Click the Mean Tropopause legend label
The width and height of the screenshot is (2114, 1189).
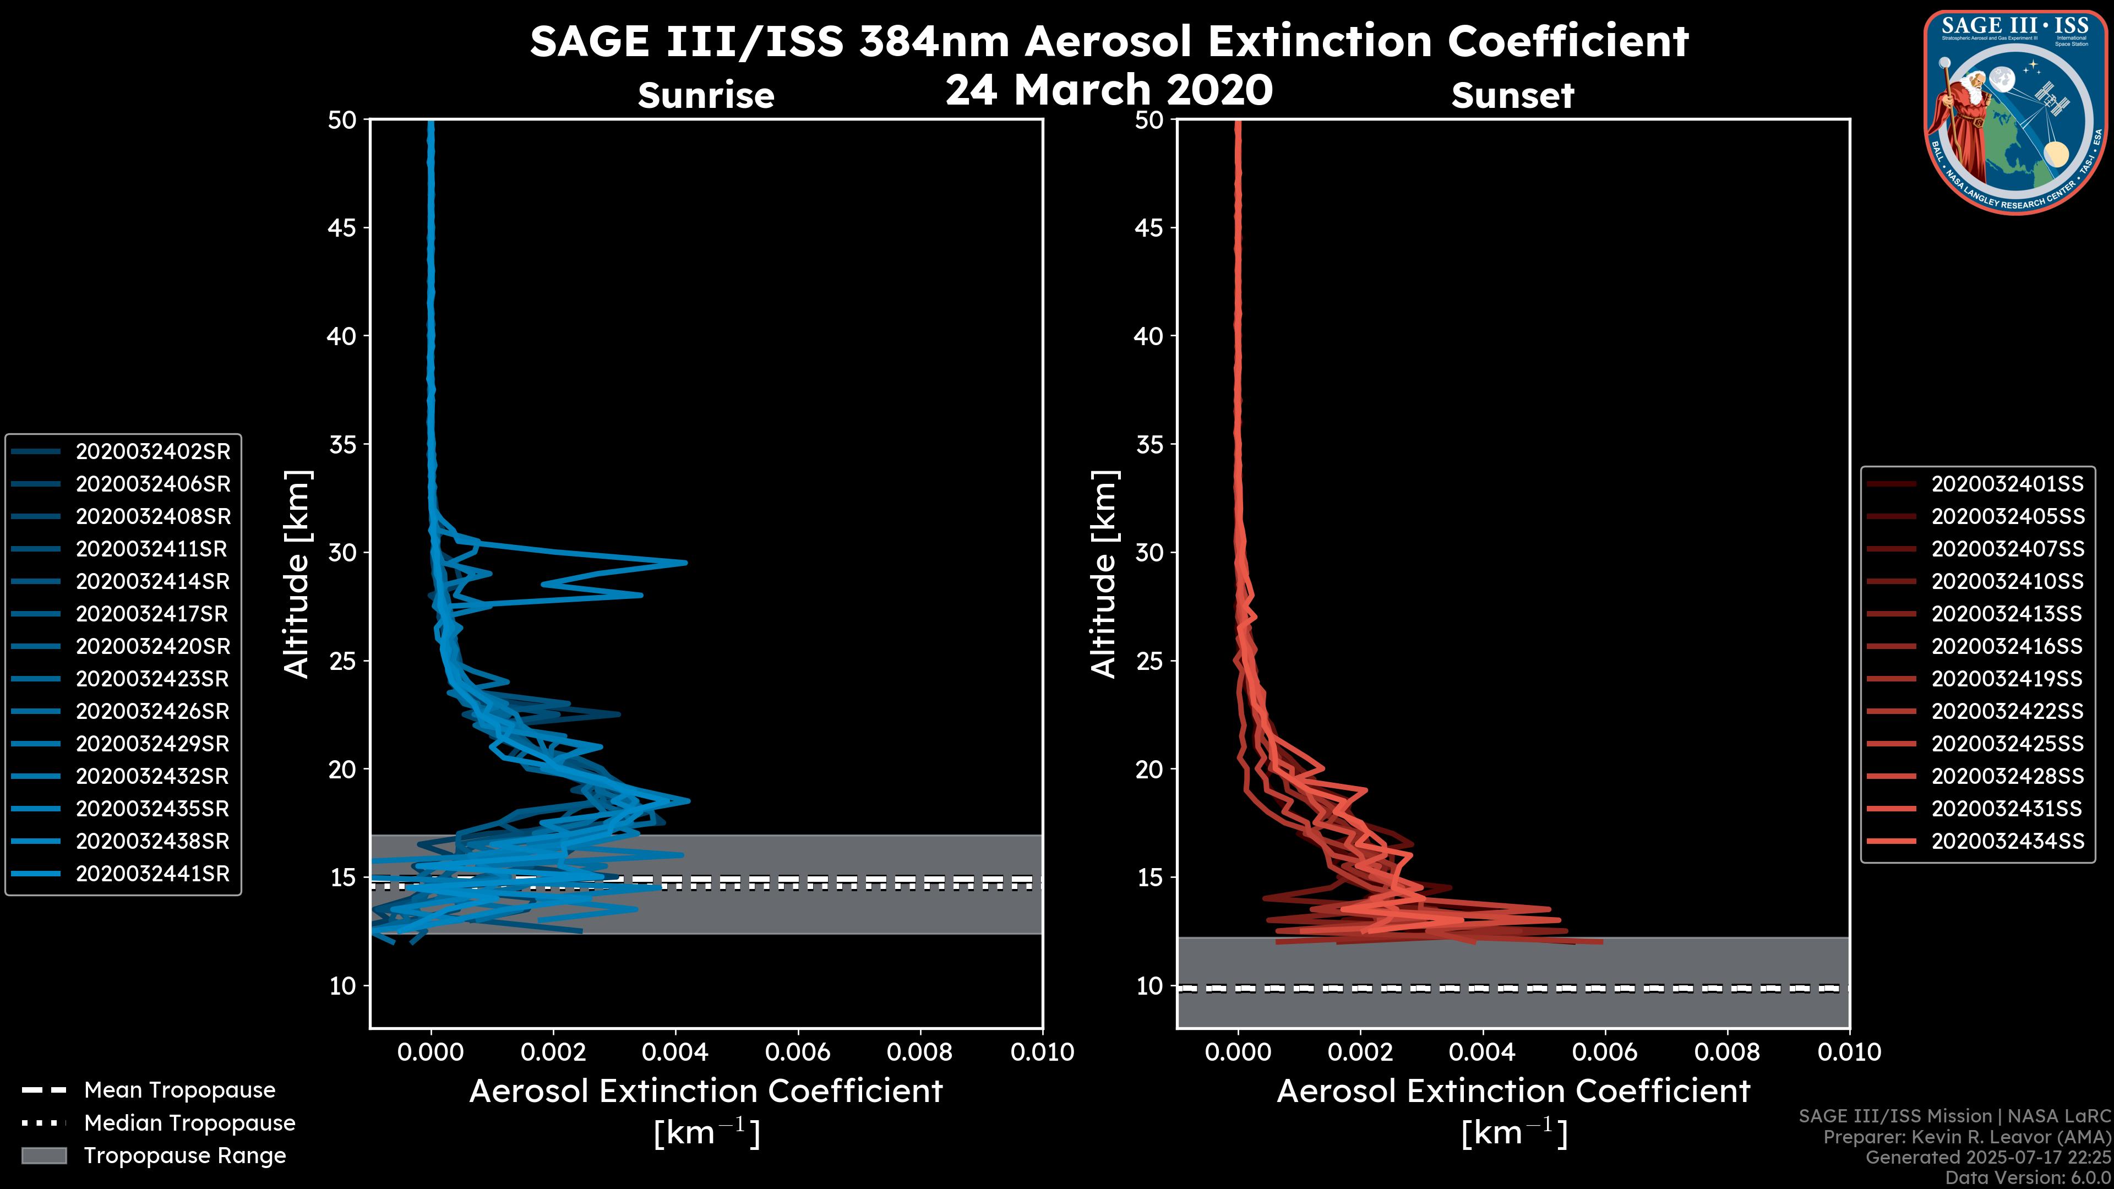coord(179,1090)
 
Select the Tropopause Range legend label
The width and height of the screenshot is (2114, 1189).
coord(184,1155)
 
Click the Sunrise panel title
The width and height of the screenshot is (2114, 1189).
coord(706,95)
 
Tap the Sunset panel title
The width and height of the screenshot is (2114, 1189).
coord(1512,95)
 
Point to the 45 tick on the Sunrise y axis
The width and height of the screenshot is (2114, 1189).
coord(342,227)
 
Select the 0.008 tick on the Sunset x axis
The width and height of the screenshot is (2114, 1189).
coord(1728,1051)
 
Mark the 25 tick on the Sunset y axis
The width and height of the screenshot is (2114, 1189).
coord(1149,661)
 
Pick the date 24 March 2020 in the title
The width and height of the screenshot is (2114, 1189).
coord(1109,89)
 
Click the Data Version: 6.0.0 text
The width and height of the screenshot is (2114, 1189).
coord(2029,1177)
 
